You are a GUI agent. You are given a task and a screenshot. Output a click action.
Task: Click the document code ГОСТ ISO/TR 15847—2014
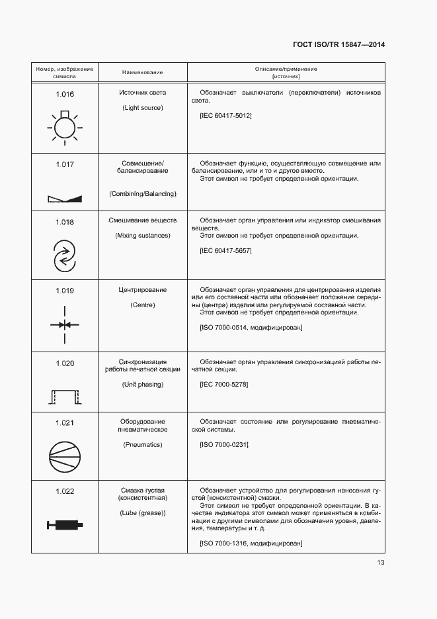point(338,44)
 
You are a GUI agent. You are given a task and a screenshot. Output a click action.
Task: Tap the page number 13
point(380,563)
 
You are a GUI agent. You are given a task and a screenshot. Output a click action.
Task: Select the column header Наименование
point(142,72)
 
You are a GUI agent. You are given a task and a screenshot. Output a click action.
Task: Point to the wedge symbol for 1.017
point(64,198)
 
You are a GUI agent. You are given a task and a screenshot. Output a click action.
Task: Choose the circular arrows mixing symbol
point(64,255)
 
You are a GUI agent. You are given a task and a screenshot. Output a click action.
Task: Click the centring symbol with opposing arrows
point(64,324)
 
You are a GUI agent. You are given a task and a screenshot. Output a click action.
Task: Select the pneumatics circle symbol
point(64,457)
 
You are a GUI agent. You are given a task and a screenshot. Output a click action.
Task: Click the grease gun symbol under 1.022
point(64,525)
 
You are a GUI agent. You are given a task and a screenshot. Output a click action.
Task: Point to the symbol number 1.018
point(64,222)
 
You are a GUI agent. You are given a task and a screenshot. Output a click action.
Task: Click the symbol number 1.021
point(64,422)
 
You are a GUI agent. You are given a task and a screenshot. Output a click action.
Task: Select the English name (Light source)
point(142,107)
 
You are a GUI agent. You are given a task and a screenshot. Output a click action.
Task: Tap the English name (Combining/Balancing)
point(142,193)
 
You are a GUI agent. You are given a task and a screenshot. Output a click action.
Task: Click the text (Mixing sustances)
point(142,236)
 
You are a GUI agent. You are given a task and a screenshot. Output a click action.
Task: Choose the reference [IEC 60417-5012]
point(225,116)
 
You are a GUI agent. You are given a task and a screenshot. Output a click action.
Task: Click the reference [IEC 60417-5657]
point(225,251)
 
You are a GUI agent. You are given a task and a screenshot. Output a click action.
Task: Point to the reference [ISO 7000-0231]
point(223,444)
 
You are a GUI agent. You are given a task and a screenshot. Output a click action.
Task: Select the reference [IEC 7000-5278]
point(223,385)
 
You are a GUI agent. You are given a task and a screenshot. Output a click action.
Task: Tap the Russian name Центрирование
point(142,290)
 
